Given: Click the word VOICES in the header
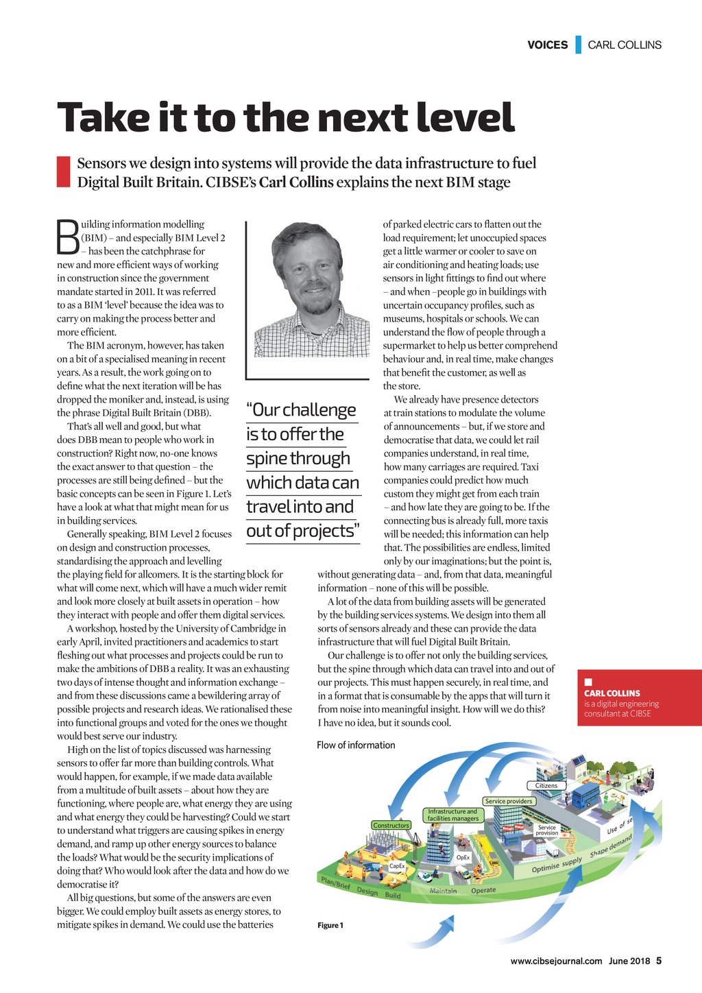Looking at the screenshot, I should tap(547, 45).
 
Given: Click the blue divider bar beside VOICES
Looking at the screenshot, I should tap(579, 45).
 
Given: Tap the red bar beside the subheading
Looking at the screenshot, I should tap(63, 172).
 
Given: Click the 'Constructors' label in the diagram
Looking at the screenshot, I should tap(391, 826).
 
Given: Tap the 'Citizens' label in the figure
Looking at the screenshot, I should tap(546, 785).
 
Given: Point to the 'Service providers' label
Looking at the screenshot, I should tap(509, 801).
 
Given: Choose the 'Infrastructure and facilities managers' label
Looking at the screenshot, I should tap(453, 815).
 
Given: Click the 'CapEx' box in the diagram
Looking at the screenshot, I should tap(397, 866).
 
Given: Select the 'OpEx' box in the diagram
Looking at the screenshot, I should tap(463, 857).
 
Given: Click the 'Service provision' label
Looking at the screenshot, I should tap(546, 830).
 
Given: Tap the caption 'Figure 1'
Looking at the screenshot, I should tap(330, 925).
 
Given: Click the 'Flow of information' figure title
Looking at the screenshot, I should tap(356, 745).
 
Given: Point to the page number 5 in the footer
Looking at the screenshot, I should tap(658, 961).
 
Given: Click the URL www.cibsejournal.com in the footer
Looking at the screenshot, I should tap(556, 961).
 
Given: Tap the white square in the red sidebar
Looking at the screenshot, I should tap(588, 682).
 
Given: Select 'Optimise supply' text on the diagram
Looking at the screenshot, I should tap(557, 866).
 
